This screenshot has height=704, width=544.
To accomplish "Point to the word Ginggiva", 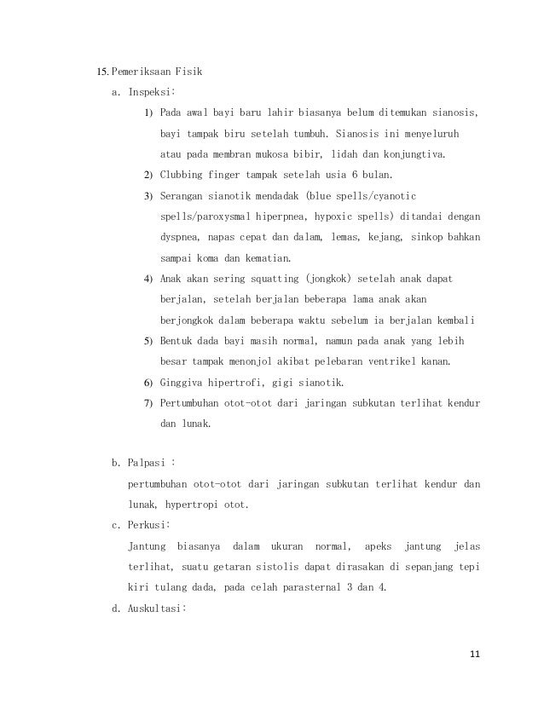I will [x=187, y=381].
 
